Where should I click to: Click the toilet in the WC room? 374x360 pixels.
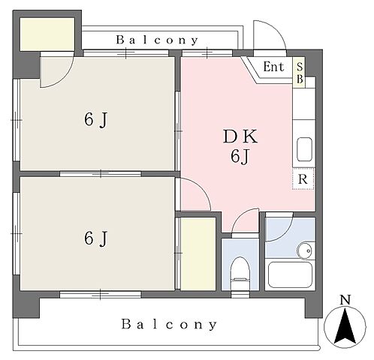(x=240, y=273)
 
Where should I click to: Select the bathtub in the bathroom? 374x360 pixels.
(x=290, y=275)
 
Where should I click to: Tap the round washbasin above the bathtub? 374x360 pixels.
(x=305, y=250)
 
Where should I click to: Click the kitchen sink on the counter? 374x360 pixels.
(x=304, y=149)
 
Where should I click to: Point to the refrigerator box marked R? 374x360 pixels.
(x=303, y=179)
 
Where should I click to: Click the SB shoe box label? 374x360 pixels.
(x=300, y=73)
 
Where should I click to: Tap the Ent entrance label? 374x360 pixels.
(x=273, y=67)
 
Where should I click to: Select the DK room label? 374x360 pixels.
(x=240, y=136)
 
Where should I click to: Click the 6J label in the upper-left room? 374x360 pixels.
(x=95, y=120)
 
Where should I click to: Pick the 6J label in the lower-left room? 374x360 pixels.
(x=95, y=238)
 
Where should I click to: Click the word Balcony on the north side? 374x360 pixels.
(x=157, y=40)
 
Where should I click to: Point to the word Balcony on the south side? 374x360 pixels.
(x=169, y=324)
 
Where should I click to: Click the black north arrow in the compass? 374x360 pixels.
(x=345, y=326)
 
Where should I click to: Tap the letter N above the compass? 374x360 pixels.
(x=345, y=299)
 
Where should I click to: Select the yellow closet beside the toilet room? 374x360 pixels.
(x=198, y=253)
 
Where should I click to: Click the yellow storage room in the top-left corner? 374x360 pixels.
(x=47, y=34)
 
